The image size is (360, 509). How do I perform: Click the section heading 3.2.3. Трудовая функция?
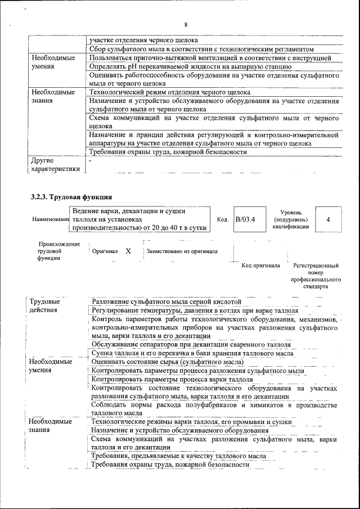(71, 197)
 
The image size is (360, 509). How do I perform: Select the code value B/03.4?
(245, 219)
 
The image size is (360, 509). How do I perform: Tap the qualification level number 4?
(328, 219)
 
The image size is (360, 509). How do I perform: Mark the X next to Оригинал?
(128, 251)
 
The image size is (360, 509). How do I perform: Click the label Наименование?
(48, 220)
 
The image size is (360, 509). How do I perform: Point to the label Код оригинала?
(260, 265)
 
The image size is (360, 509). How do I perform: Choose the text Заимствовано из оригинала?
(182, 251)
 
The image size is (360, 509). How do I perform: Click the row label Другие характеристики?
(55, 165)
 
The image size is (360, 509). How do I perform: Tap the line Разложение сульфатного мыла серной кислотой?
(166, 301)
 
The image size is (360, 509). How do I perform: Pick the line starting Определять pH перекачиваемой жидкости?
(190, 66)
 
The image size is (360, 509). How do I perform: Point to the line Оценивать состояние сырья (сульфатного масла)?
(168, 362)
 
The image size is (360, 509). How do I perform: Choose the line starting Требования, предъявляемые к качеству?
(178, 456)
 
